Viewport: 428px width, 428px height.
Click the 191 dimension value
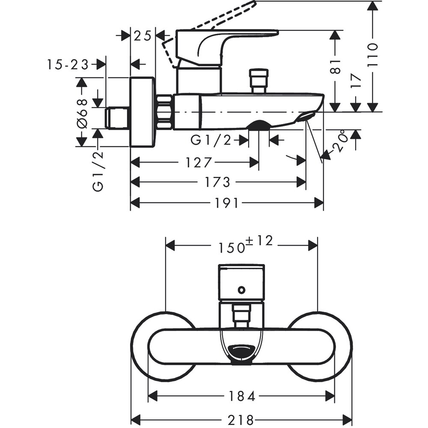[x=226, y=203]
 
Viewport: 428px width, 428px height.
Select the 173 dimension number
[x=217, y=182]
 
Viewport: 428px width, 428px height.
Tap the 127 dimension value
[x=199, y=163]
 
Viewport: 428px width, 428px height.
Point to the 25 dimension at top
[x=142, y=36]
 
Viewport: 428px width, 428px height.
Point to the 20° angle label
[x=340, y=141]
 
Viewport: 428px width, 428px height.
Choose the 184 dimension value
[x=241, y=396]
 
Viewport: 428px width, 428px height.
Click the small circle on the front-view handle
[x=242, y=290]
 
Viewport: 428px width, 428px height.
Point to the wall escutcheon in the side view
[x=142, y=112]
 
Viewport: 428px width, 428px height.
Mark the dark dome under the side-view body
[x=259, y=125]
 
